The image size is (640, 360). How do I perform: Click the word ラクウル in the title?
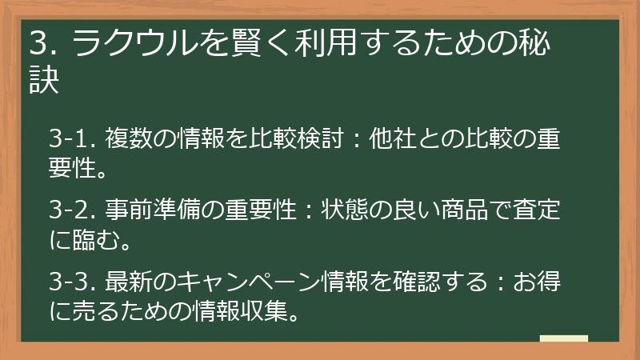[134, 44]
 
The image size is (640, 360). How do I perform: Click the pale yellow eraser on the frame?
[564, 339]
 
